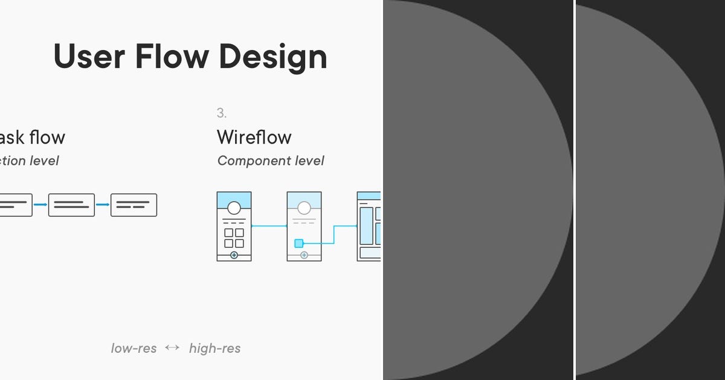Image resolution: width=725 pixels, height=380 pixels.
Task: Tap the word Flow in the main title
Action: pyautogui.click(x=171, y=57)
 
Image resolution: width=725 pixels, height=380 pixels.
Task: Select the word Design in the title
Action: pyautogui.click(x=273, y=57)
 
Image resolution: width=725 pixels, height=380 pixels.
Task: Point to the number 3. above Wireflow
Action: pyautogui.click(x=222, y=113)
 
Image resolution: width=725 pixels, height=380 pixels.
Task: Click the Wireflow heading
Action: pyautogui.click(x=254, y=138)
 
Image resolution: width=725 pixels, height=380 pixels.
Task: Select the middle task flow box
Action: pyautogui.click(x=71, y=205)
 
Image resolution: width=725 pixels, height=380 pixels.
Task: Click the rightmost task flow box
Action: pyautogui.click(x=134, y=205)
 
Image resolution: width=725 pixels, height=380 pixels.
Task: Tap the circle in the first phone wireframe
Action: pyautogui.click(x=234, y=208)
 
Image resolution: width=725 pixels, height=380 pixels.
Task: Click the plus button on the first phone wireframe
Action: pyautogui.click(x=234, y=256)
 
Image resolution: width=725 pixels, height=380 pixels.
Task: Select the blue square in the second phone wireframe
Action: pyautogui.click(x=298, y=244)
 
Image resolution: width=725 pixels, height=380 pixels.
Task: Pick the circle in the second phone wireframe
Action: pyautogui.click(x=304, y=208)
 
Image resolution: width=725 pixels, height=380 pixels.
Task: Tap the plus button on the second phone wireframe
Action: pyautogui.click(x=304, y=256)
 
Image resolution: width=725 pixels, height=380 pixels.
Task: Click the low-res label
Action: pyautogui.click(x=134, y=348)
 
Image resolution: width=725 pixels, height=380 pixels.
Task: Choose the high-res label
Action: pyautogui.click(x=214, y=348)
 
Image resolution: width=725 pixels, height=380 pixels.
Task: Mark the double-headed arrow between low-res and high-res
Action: pyautogui.click(x=173, y=347)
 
